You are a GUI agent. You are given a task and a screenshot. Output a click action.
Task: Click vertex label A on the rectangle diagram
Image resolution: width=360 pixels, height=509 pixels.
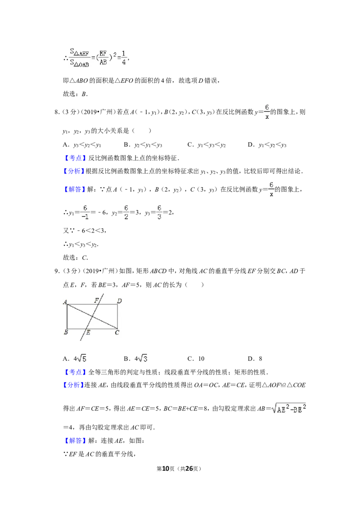tap(65, 302)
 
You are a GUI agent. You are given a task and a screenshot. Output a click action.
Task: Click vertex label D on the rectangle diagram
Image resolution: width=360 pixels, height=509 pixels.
tap(119, 301)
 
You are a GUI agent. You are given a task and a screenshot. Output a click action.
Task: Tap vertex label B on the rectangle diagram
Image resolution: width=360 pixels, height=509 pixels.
tap(66, 332)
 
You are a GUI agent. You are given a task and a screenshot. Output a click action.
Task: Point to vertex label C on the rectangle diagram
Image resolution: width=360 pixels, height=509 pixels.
tap(117, 332)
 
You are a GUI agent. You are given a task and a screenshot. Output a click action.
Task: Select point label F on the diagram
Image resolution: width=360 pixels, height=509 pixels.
tap(96, 301)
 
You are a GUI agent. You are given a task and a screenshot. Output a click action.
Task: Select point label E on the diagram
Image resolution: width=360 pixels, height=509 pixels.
tap(88, 332)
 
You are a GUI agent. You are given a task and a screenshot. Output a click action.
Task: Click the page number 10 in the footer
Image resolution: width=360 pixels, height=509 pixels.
tap(166, 469)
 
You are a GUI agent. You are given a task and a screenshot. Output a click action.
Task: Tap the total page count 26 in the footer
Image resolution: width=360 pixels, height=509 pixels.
tap(189, 469)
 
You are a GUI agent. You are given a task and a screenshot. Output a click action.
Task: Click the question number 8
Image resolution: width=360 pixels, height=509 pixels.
tap(57, 112)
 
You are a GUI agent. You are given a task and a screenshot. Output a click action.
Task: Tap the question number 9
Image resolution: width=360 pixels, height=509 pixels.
tap(57, 271)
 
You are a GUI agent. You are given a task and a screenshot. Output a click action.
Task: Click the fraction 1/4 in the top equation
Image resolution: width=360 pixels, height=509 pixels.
tap(124, 58)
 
